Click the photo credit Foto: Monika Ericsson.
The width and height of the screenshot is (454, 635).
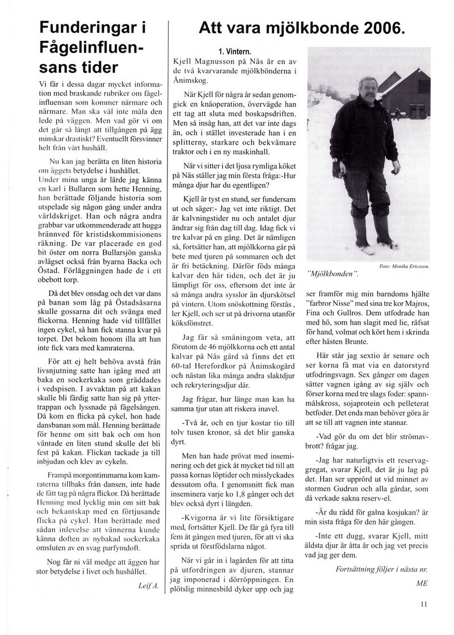403,266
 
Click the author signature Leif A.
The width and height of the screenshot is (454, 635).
150,584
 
